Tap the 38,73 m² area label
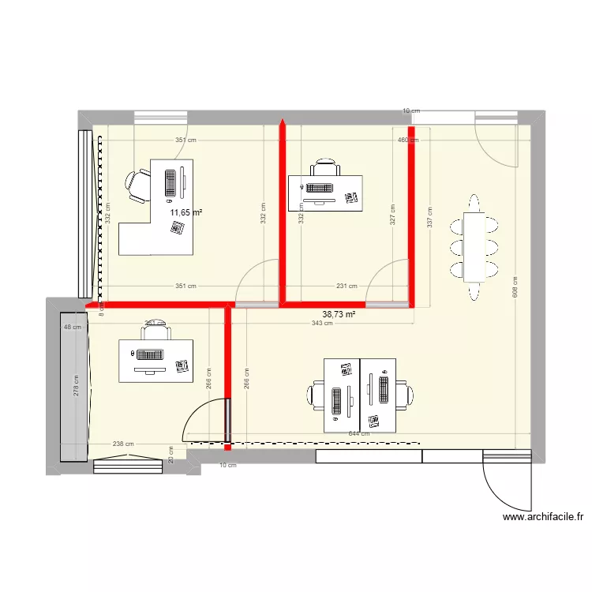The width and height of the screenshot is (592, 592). coord(339,313)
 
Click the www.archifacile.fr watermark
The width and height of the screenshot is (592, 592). coord(542,518)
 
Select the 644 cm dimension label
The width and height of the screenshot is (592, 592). coord(359,433)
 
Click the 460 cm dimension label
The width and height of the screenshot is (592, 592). coord(407,141)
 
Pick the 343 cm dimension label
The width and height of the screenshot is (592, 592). coord(321,324)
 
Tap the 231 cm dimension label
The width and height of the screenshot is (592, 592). coord(347,287)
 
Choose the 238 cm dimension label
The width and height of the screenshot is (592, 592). coord(123,444)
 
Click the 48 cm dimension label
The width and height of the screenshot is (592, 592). coord(73,328)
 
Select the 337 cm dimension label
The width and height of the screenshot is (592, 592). coord(429,216)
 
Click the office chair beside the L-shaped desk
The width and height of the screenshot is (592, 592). coord(138,187)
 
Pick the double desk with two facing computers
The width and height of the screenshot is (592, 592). coord(360,395)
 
